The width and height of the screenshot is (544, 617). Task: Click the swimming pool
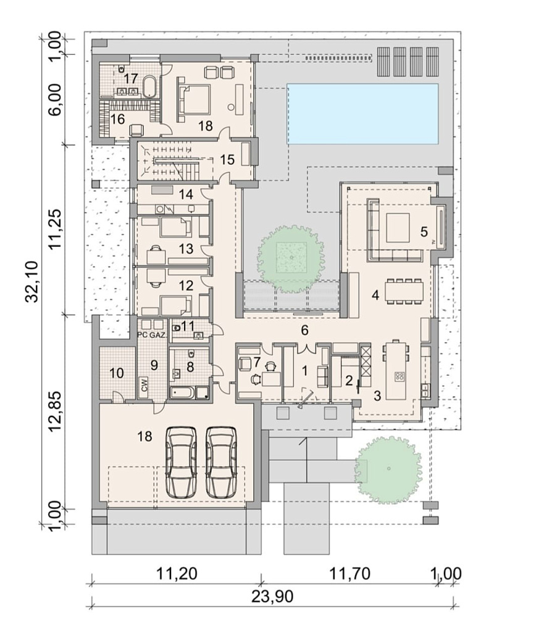click(362, 114)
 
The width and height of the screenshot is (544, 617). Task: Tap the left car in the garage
click(181, 462)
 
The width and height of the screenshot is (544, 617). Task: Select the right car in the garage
click(222, 462)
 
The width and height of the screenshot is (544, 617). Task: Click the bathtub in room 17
click(149, 86)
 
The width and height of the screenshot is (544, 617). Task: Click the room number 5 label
click(424, 231)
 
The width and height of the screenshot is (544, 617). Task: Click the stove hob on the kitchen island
click(399, 376)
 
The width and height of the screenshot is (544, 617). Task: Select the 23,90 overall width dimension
click(272, 597)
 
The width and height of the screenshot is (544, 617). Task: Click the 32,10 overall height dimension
click(32, 281)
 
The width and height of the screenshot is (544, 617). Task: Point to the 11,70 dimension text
click(349, 574)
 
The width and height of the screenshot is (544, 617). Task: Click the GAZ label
click(157, 335)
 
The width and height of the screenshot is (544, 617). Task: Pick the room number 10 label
click(116, 372)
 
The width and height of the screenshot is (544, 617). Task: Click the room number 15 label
click(227, 160)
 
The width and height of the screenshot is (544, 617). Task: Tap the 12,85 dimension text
click(56, 411)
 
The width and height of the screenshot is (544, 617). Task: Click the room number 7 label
click(257, 361)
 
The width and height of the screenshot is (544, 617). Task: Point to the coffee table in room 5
click(398, 227)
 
